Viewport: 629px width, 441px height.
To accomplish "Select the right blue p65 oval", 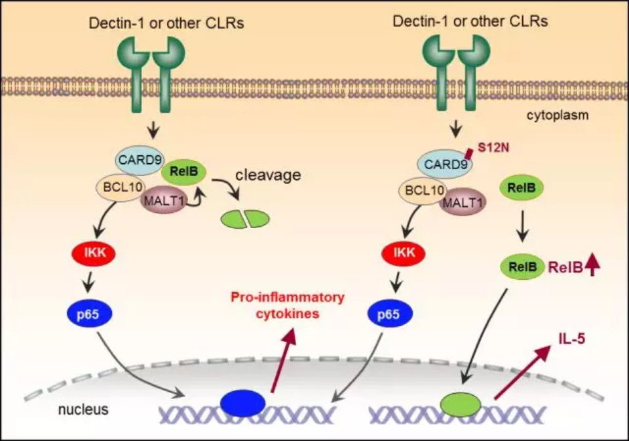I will pos(389,314).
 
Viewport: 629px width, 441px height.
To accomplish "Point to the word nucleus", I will pos(83,410).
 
